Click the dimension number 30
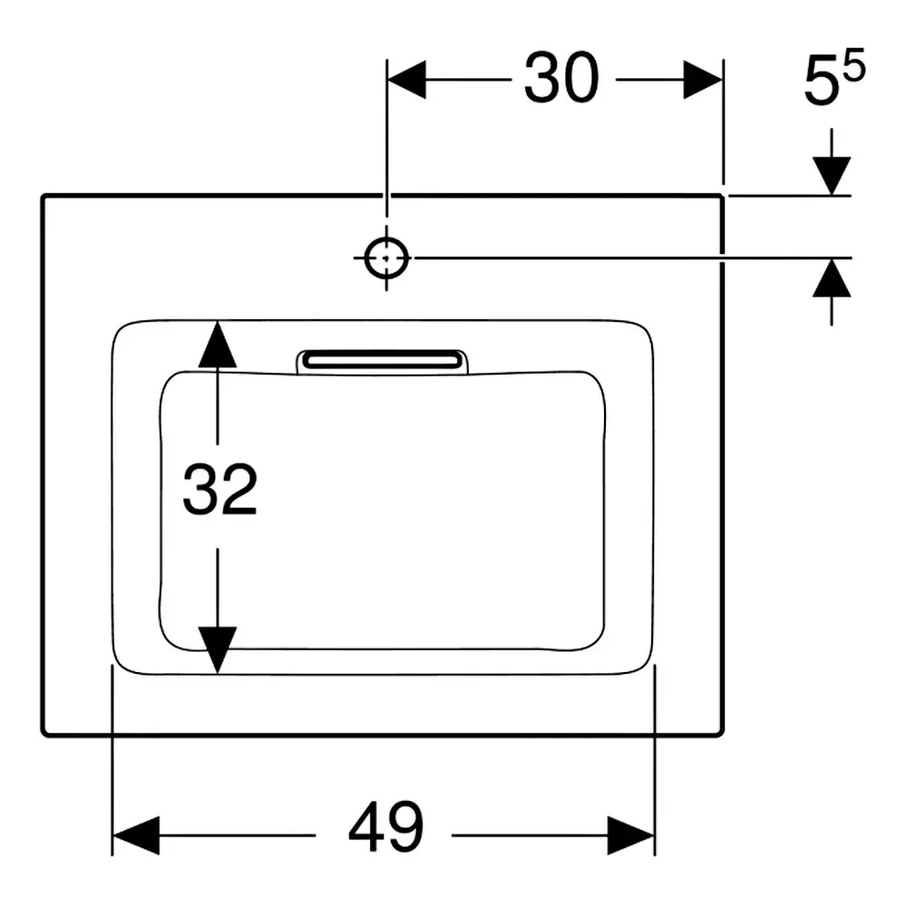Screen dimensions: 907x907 (x=561, y=78)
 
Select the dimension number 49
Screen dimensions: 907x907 (x=385, y=828)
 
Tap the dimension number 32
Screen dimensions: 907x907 (x=219, y=489)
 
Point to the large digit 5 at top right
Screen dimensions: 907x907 (x=822, y=83)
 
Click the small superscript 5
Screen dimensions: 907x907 (x=854, y=64)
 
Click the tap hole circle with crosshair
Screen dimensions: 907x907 (x=386, y=258)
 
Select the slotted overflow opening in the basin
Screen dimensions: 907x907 (x=382, y=362)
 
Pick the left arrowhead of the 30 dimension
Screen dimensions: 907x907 (x=406, y=79)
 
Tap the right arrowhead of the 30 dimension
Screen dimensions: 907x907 (x=703, y=79)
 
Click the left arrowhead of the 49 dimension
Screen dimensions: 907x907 (x=135, y=835)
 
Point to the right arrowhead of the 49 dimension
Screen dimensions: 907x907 (x=631, y=835)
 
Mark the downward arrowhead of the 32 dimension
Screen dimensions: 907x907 (x=218, y=650)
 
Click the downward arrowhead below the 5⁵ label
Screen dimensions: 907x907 (x=832, y=176)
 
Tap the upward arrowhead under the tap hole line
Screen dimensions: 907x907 (x=832, y=278)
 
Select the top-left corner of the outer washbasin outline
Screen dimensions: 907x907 (x=44, y=197)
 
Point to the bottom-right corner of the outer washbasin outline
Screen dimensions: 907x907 (x=721, y=734)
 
